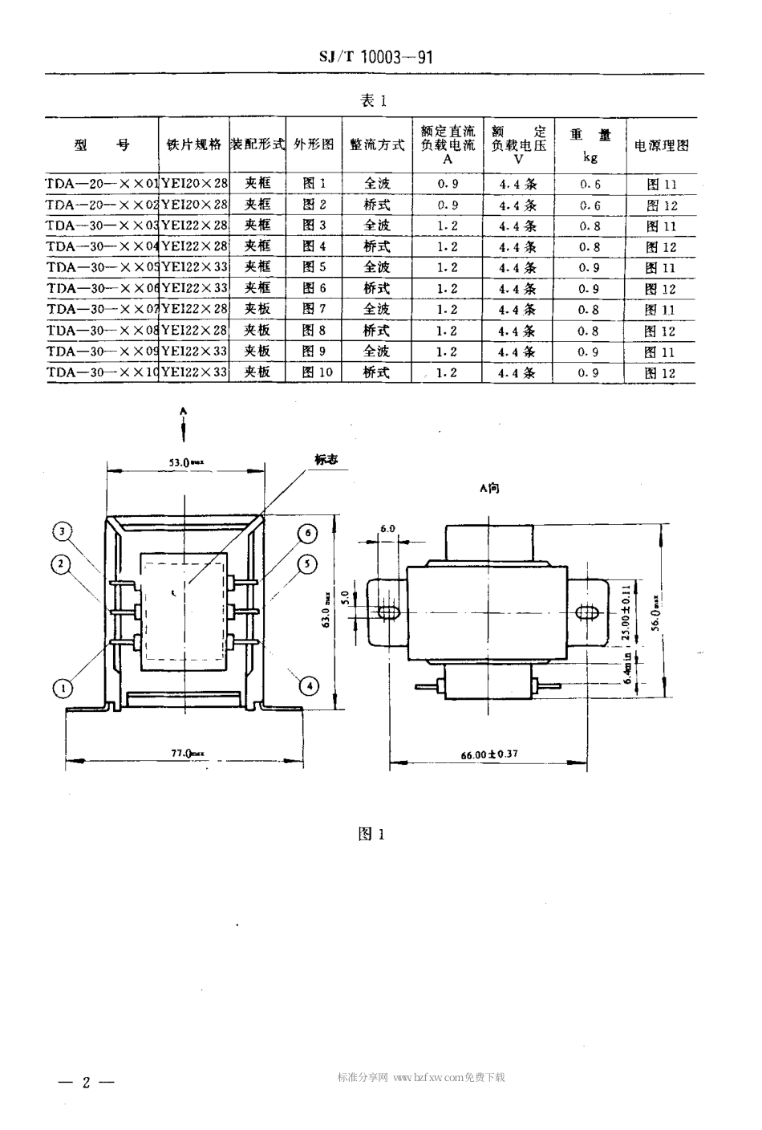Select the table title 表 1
[x=374, y=101]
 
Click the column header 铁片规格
[x=193, y=145]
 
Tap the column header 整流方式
[x=377, y=145]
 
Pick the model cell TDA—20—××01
[x=102, y=184]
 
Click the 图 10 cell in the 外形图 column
[x=315, y=372]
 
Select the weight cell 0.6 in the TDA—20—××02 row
[x=590, y=205]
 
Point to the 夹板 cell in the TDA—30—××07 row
[x=257, y=309]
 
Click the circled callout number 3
[x=63, y=530]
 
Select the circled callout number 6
[x=307, y=534]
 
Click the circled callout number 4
[x=308, y=685]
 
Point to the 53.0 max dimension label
[x=187, y=462]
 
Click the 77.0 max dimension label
[x=188, y=754]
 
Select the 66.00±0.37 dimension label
[x=489, y=755]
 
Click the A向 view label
[x=488, y=487]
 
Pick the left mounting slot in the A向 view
[x=387, y=614]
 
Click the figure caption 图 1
[x=372, y=835]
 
